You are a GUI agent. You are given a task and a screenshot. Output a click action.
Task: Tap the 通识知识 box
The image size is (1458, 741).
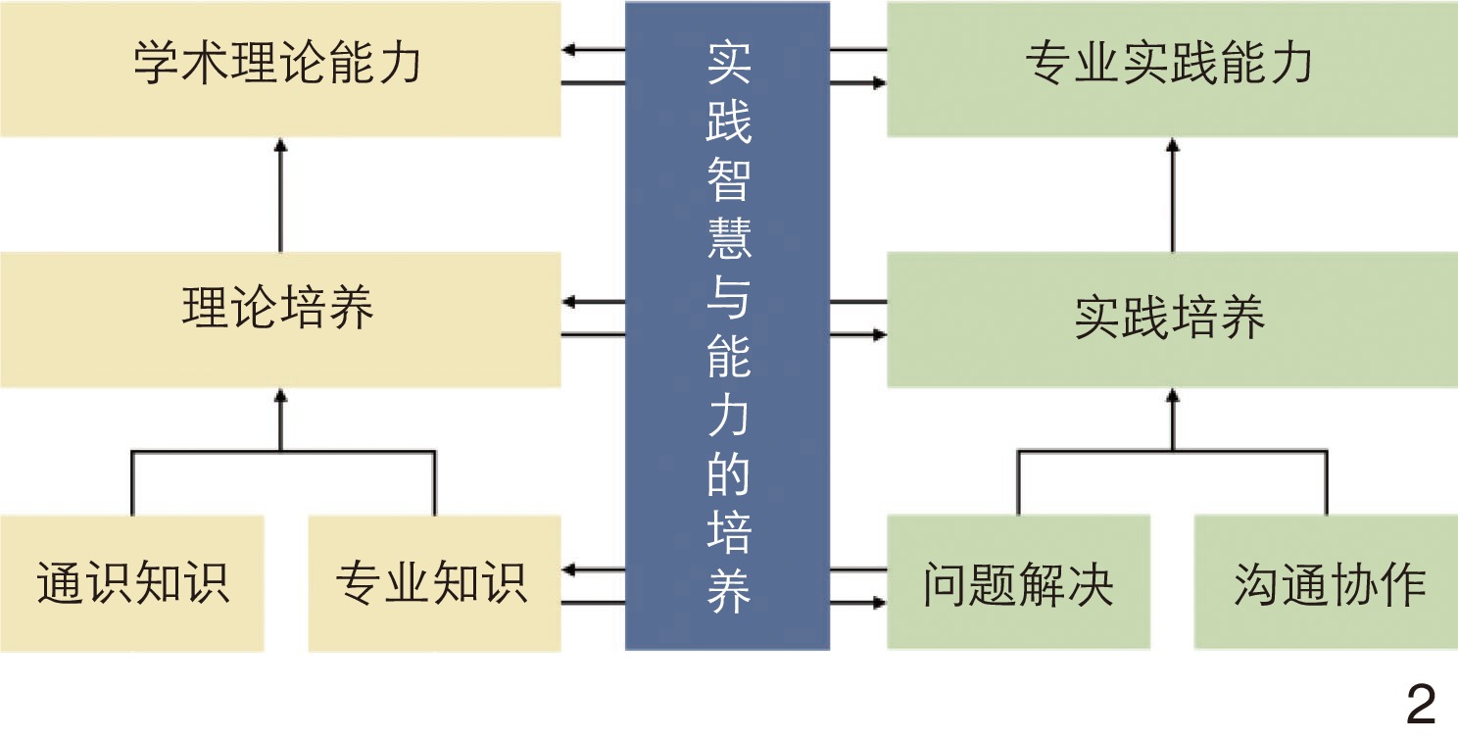point(132,582)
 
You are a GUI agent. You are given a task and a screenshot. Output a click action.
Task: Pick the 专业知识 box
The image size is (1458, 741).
point(433,582)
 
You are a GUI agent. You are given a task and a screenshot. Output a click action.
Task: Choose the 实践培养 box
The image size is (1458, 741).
point(1171,318)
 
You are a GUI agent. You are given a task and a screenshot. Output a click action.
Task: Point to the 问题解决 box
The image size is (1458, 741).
point(1018,582)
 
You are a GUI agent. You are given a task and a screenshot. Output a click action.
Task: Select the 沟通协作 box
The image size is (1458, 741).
point(1326,582)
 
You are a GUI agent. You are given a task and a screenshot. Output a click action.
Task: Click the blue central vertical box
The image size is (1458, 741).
point(727,323)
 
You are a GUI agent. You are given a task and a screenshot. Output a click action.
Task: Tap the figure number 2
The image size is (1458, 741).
point(1421,704)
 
